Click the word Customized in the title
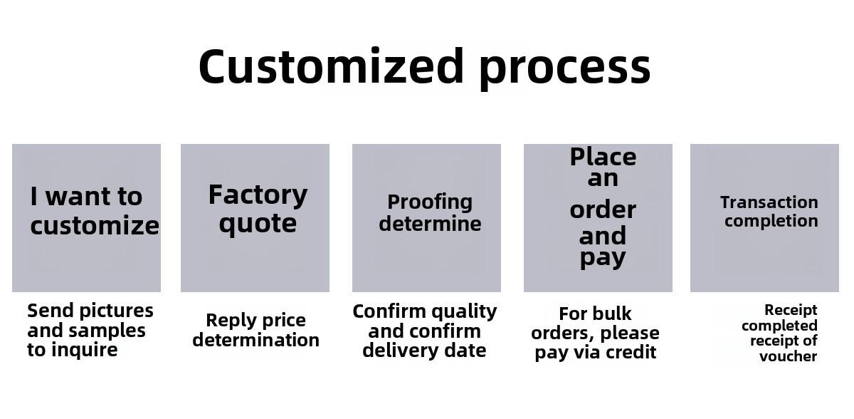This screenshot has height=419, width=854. [331, 66]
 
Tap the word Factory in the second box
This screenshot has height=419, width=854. [258, 196]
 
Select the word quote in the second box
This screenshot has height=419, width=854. [258, 224]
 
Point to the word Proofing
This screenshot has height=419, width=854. [430, 202]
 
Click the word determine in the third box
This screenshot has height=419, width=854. [430, 224]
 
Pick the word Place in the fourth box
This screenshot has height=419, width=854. [603, 157]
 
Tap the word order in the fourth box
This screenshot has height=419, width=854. [603, 210]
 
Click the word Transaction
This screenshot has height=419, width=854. [769, 202]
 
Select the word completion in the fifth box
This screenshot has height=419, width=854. [771, 222]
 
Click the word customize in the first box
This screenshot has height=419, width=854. [95, 226]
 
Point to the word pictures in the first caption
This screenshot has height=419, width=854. [117, 311]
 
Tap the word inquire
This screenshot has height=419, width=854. [84, 350]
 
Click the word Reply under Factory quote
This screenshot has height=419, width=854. [225, 321]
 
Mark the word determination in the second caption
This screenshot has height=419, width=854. [255, 340]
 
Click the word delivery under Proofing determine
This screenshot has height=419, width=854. [396, 351]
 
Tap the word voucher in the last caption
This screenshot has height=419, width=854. [788, 356]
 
